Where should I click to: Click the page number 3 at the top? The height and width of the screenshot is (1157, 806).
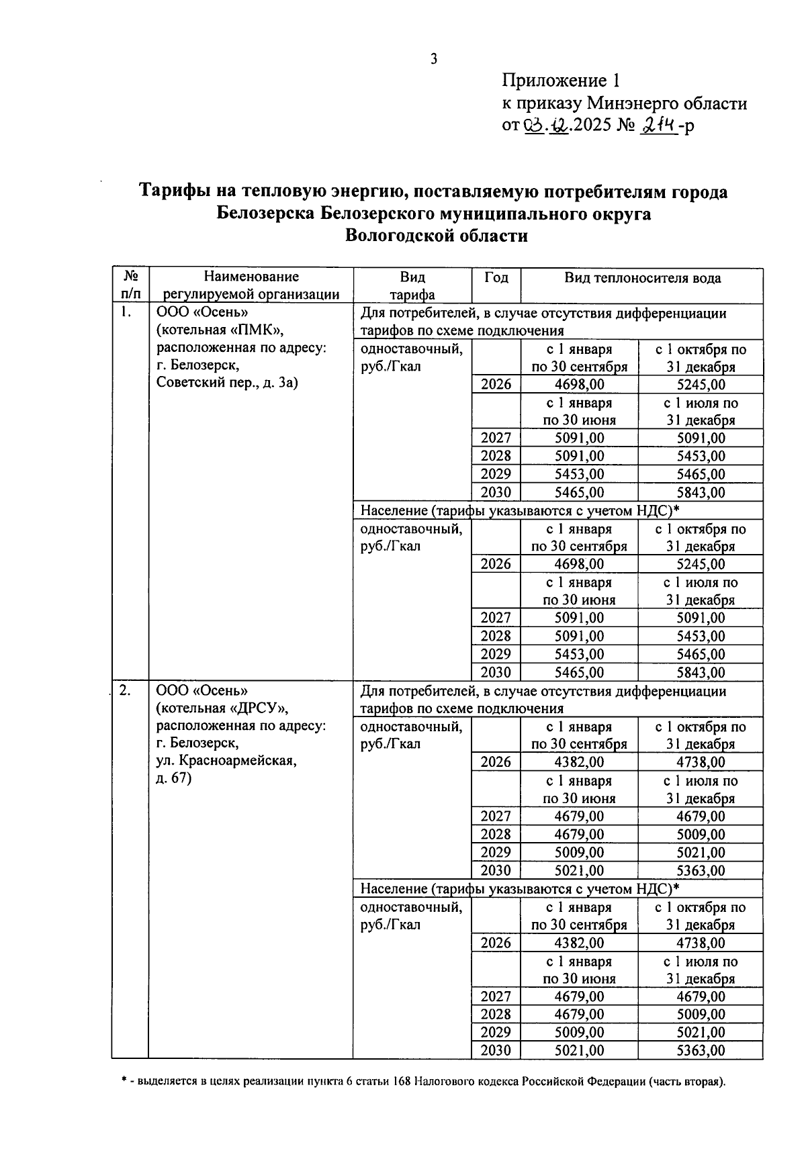(x=434, y=59)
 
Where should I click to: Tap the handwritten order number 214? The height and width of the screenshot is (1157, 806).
(x=659, y=125)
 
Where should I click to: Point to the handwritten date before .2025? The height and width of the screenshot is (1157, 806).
(x=546, y=126)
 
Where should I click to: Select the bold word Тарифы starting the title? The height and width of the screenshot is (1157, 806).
(x=175, y=192)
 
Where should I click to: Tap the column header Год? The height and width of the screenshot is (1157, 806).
(x=496, y=278)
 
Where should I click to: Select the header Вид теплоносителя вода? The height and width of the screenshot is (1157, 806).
(x=642, y=278)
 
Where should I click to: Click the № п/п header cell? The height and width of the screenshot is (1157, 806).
(x=130, y=285)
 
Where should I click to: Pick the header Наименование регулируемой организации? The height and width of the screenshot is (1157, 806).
(x=251, y=285)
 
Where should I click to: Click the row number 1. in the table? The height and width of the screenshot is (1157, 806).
(x=125, y=313)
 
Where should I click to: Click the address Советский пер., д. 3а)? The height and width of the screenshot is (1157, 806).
(x=227, y=383)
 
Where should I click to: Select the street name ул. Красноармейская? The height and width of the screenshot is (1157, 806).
(x=226, y=761)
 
